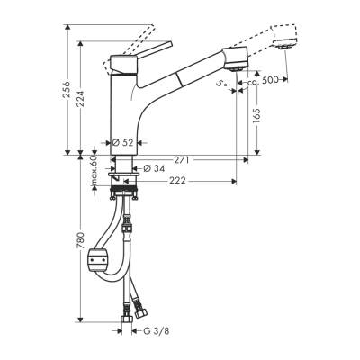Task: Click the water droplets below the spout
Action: point(220,84)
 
